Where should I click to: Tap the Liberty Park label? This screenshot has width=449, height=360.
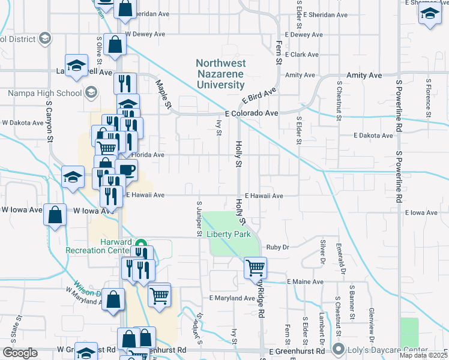pyautogui.click(x=229, y=234)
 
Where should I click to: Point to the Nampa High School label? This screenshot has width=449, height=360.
pyautogui.click(x=44, y=93)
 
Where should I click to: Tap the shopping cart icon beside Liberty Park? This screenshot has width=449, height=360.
pyautogui.click(x=255, y=267)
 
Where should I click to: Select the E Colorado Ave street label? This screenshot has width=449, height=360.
pyautogui.click(x=252, y=113)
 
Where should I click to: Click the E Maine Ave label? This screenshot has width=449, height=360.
pyautogui.click(x=305, y=281)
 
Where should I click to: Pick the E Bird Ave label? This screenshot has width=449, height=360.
pyautogui.click(x=259, y=95)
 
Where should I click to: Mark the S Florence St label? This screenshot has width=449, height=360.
pyautogui.click(x=429, y=96)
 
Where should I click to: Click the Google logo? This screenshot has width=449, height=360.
pyautogui.click(x=20, y=353)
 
